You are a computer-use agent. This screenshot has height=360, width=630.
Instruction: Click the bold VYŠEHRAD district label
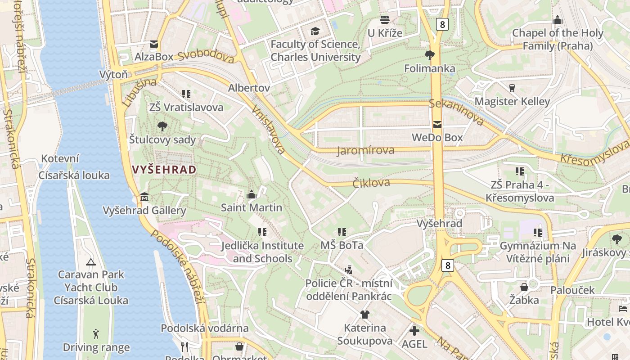[x=164, y=170]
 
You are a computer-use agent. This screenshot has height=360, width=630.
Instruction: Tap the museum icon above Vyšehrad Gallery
[x=144, y=197]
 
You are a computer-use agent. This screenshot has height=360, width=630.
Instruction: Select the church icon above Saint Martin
[x=252, y=194]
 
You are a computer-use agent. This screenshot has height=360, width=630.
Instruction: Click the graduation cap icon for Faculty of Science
[x=315, y=31]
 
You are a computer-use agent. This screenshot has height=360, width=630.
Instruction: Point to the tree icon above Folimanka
[x=430, y=55]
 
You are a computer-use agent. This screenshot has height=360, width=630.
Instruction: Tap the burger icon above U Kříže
[x=385, y=20]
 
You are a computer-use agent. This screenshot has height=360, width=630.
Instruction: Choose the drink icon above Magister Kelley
[x=512, y=88]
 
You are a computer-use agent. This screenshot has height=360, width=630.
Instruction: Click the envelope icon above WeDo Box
[x=437, y=125]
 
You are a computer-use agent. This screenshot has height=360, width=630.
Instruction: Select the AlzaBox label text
[x=154, y=57]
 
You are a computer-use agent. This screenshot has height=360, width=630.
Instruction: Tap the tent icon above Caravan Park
[x=90, y=261]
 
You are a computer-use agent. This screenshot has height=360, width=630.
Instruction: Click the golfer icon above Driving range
[x=95, y=334]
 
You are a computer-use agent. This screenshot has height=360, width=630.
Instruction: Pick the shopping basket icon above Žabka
[x=524, y=287]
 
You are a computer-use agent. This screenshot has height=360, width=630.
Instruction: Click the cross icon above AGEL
[x=414, y=331]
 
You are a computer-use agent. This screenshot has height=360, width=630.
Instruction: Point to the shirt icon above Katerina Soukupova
[x=364, y=315]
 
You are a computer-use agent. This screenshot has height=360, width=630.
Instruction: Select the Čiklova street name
[x=371, y=183]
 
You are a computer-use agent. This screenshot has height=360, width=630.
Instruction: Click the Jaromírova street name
[x=365, y=150]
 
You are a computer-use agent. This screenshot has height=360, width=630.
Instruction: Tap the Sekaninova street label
[x=456, y=112]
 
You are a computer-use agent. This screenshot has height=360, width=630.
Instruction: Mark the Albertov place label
[x=249, y=88]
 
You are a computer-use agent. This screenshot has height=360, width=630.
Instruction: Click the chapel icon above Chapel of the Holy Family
[x=558, y=20]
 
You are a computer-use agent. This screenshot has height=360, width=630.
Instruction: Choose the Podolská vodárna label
[x=205, y=328]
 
